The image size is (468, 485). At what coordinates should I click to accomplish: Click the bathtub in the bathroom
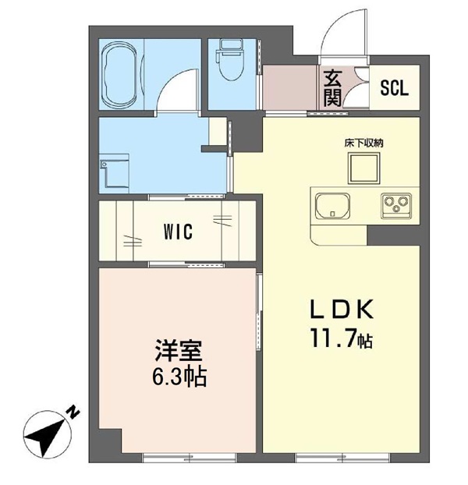tap(119, 74)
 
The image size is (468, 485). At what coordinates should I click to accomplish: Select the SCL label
tap(394, 88)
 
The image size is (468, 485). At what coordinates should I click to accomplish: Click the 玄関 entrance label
tap(332, 88)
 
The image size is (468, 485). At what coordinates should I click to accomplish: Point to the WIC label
tap(178, 232)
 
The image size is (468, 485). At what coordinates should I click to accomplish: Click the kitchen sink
tap(332, 207)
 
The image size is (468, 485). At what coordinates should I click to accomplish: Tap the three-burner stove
tap(396, 207)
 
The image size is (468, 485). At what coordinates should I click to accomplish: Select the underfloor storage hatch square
tap(363, 168)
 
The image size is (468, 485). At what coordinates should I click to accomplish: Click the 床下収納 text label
tap(363, 143)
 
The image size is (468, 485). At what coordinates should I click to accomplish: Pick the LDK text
tap(342, 310)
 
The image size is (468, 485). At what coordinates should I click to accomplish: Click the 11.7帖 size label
tap(342, 338)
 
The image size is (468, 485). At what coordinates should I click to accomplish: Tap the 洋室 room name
tap(179, 351)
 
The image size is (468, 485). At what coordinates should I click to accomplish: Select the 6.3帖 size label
tap(179, 377)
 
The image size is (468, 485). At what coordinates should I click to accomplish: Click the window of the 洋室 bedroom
tap(190, 458)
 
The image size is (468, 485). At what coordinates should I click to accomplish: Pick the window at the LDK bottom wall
tap(342, 458)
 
